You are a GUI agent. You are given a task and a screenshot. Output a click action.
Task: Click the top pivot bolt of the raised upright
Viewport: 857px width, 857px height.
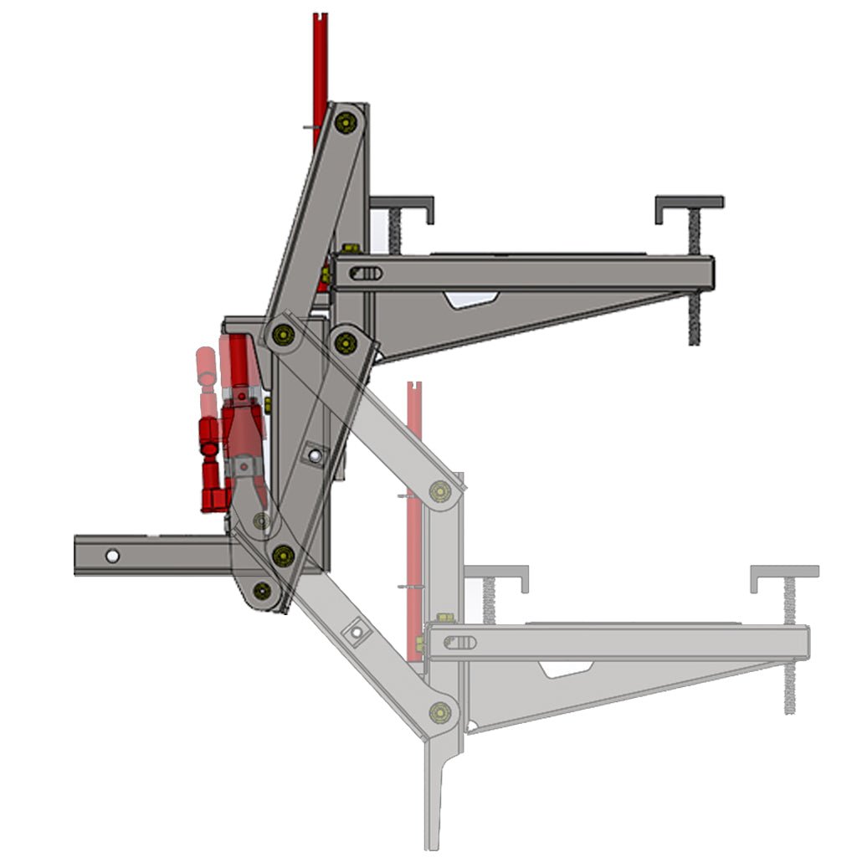point(343,123)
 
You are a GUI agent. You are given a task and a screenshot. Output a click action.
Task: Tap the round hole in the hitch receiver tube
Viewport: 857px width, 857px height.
point(112,555)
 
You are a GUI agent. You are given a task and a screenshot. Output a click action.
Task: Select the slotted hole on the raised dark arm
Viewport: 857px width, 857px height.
point(367,273)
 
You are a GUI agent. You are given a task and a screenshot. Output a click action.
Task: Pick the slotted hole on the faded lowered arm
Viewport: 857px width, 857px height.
point(461,642)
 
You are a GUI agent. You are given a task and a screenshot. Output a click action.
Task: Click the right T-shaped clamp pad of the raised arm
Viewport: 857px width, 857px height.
point(689,203)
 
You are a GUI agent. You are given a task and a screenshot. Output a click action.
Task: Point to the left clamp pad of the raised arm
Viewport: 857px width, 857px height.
point(403,205)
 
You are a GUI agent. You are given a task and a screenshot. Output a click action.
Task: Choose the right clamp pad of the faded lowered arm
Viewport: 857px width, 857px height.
point(784,574)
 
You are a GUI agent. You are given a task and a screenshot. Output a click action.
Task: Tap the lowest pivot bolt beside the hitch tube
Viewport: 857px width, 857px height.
point(263,590)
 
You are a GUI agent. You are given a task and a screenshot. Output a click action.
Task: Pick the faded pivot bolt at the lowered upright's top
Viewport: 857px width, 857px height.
point(440,491)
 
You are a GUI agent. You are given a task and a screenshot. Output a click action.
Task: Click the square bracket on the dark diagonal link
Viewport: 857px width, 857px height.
point(313,455)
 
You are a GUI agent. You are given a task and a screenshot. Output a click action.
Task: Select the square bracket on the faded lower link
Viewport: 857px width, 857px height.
point(359,632)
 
